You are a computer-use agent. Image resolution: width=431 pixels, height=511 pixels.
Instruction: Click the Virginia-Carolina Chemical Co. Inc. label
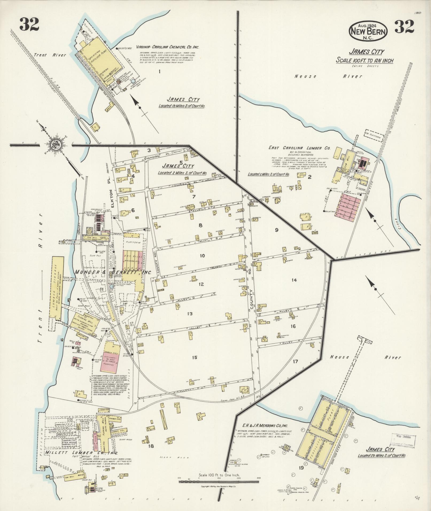[168, 47]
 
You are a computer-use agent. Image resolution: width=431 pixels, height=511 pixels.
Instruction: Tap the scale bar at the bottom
[219, 482]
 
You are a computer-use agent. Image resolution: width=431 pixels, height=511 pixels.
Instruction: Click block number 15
[195, 357]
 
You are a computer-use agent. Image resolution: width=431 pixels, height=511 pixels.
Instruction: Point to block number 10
[202, 256]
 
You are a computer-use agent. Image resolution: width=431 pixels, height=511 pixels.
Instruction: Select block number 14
[294, 280]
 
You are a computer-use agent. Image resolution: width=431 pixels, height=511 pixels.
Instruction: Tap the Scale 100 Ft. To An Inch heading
[364, 61]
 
